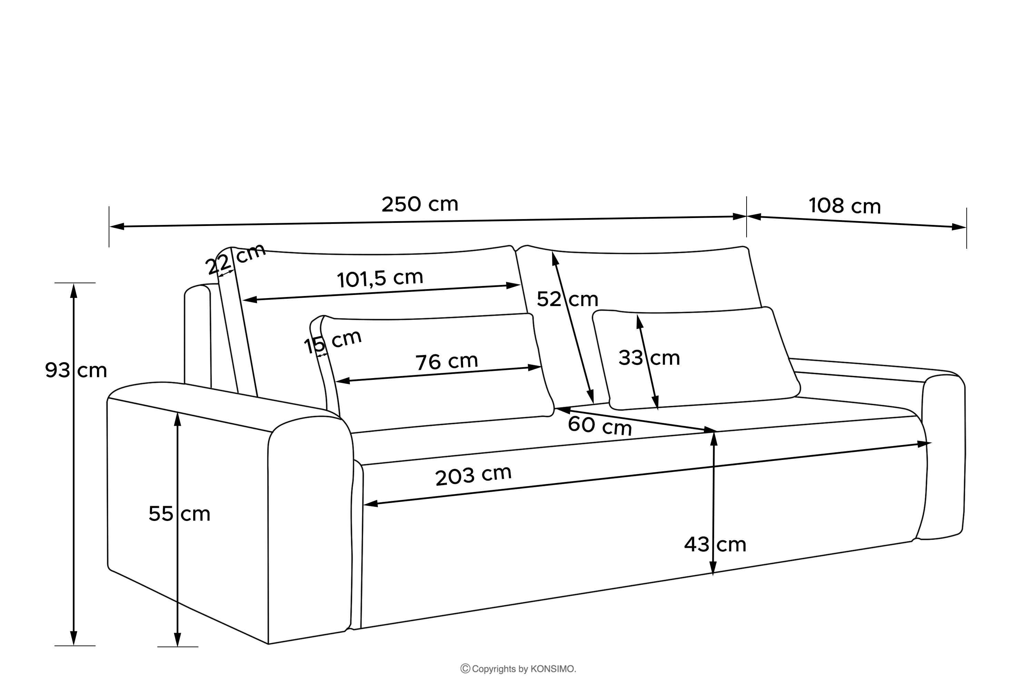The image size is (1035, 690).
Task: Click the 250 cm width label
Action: (x=420, y=205)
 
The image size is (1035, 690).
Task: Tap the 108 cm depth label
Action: (x=845, y=206)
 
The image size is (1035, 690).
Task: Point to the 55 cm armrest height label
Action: (x=179, y=514)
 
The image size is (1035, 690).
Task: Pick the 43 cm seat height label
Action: (x=715, y=545)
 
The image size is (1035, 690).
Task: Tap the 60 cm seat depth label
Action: (x=600, y=425)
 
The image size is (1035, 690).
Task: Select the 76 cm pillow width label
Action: (x=447, y=362)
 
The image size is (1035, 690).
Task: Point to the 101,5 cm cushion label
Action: (x=380, y=278)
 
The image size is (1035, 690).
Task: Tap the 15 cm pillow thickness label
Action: (x=333, y=341)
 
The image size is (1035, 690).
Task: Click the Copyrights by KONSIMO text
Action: (x=519, y=669)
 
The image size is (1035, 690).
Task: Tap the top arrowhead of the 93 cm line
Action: (x=74, y=290)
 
